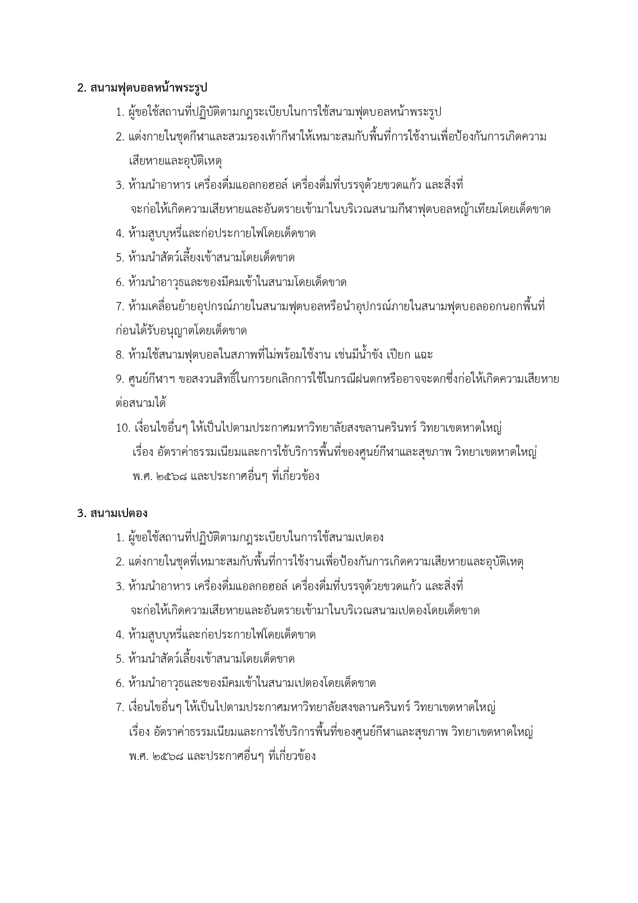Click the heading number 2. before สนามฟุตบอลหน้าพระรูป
tap(81, 88)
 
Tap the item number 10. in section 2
tap(122, 428)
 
